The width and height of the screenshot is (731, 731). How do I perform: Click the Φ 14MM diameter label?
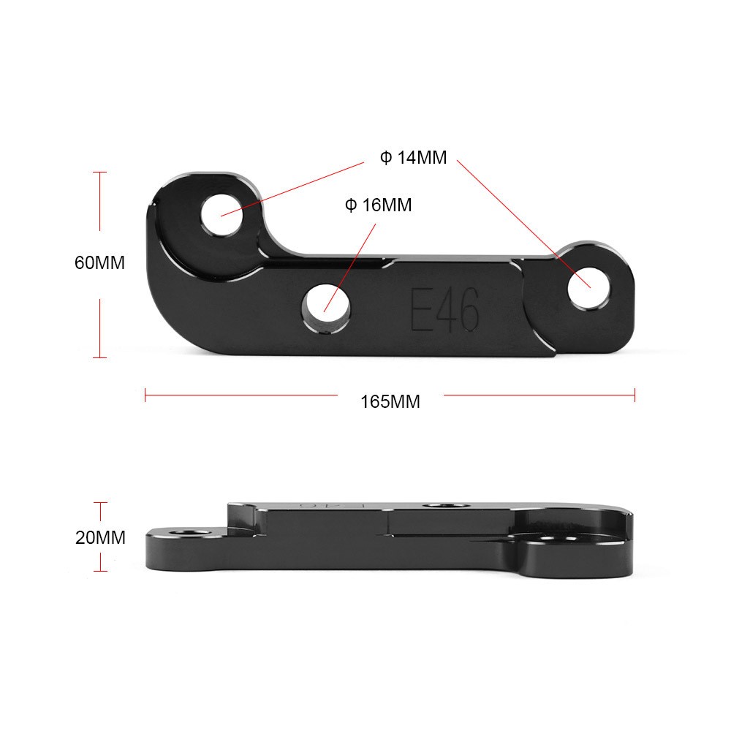click(x=413, y=157)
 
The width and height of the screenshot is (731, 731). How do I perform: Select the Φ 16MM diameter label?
click(x=378, y=205)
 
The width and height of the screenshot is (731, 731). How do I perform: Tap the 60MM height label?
click(x=99, y=262)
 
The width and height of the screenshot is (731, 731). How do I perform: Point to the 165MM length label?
click(x=390, y=401)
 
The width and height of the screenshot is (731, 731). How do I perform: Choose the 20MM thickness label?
click(x=100, y=538)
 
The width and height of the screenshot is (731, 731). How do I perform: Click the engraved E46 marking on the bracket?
click(x=444, y=310)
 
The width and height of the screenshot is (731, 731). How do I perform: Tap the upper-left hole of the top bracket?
click(x=221, y=214)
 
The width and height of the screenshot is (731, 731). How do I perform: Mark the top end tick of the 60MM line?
click(x=100, y=172)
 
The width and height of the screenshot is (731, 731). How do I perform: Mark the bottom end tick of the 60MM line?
click(x=100, y=357)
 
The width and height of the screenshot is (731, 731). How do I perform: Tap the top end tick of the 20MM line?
click(x=100, y=502)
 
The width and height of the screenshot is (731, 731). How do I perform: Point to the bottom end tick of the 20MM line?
click(x=100, y=571)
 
